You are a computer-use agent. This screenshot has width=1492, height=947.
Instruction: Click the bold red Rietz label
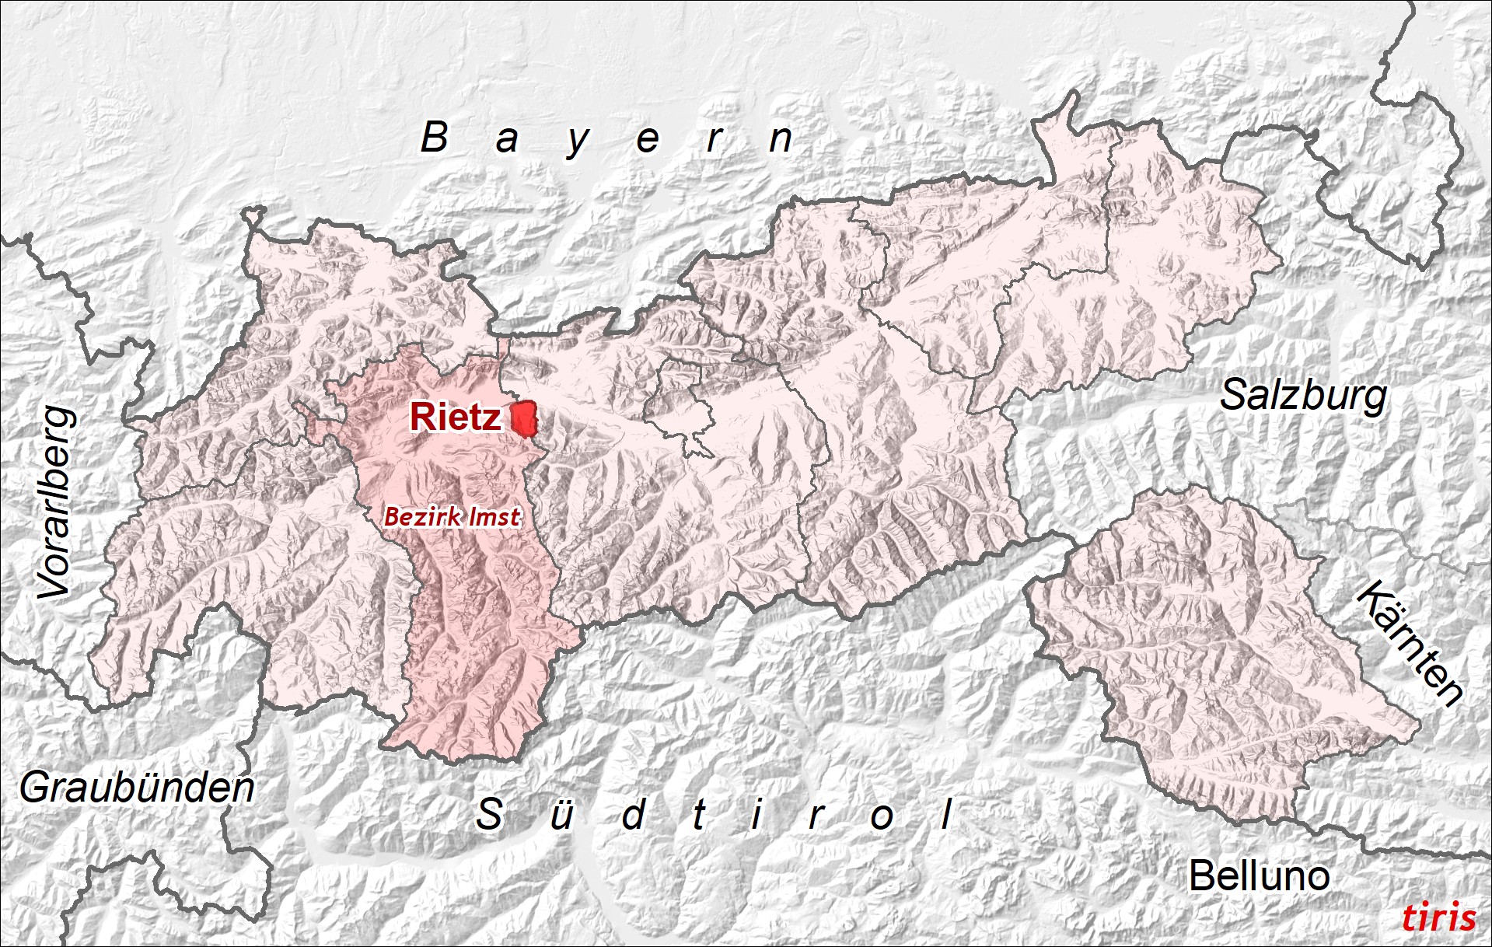coord(456,418)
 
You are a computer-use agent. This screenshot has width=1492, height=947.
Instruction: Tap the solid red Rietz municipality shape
coord(525,419)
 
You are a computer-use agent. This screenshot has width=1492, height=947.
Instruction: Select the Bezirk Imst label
coord(452,516)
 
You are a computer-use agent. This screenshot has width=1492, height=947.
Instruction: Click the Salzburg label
coord(1303,396)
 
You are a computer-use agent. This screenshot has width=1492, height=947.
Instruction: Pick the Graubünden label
coord(137,788)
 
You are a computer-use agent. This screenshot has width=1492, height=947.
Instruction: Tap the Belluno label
coord(1259,876)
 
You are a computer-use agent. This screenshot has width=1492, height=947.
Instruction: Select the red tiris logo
coord(1438,917)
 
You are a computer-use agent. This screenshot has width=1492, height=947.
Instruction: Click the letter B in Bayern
coord(435,138)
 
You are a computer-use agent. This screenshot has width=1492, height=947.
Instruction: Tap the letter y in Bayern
coord(578,142)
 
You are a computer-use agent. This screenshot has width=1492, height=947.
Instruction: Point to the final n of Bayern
coord(781,140)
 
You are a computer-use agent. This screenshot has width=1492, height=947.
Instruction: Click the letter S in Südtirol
coord(489,815)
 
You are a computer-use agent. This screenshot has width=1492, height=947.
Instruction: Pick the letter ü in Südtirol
coord(561,815)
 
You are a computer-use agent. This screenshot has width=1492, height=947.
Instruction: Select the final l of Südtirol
coord(946,815)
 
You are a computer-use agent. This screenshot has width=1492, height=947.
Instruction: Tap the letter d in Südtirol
coord(634,815)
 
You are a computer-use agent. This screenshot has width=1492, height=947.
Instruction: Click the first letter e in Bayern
coord(648,141)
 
